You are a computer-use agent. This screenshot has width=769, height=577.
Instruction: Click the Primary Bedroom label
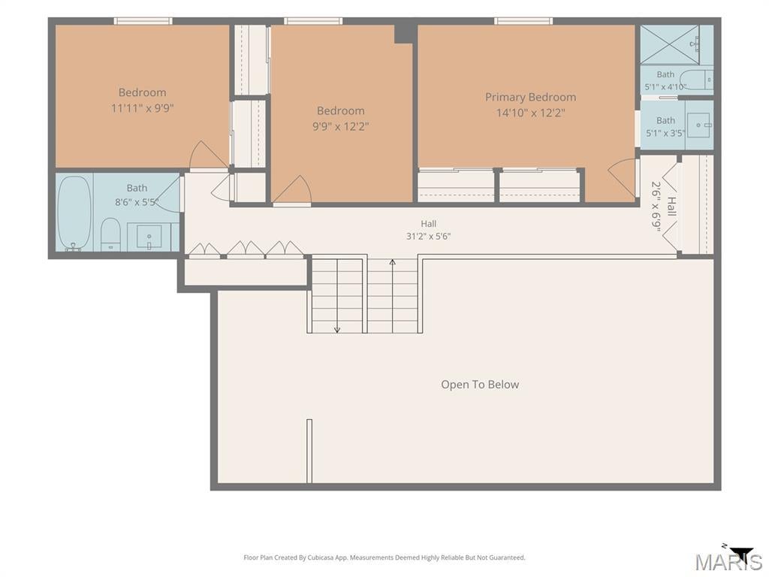530,97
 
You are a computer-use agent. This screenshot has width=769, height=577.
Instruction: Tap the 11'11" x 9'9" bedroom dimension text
142,108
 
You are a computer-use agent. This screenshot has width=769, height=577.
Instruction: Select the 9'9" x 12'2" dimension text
340,126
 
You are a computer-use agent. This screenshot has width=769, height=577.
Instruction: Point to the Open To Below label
480,385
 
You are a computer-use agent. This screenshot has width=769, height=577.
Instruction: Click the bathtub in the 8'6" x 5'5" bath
74,213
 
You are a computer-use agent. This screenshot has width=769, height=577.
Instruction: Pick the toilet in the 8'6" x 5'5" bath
110,234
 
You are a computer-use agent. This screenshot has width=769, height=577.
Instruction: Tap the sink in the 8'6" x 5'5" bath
149,237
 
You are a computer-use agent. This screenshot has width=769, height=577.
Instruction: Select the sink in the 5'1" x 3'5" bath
698,125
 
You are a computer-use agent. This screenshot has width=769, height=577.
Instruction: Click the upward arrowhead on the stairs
392,262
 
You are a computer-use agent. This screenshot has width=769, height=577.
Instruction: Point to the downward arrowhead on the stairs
337,330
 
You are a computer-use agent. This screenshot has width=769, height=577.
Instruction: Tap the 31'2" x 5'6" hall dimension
428,237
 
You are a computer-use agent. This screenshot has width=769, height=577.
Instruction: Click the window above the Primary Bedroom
523,20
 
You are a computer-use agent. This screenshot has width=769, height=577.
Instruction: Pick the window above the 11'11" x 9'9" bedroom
143,20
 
